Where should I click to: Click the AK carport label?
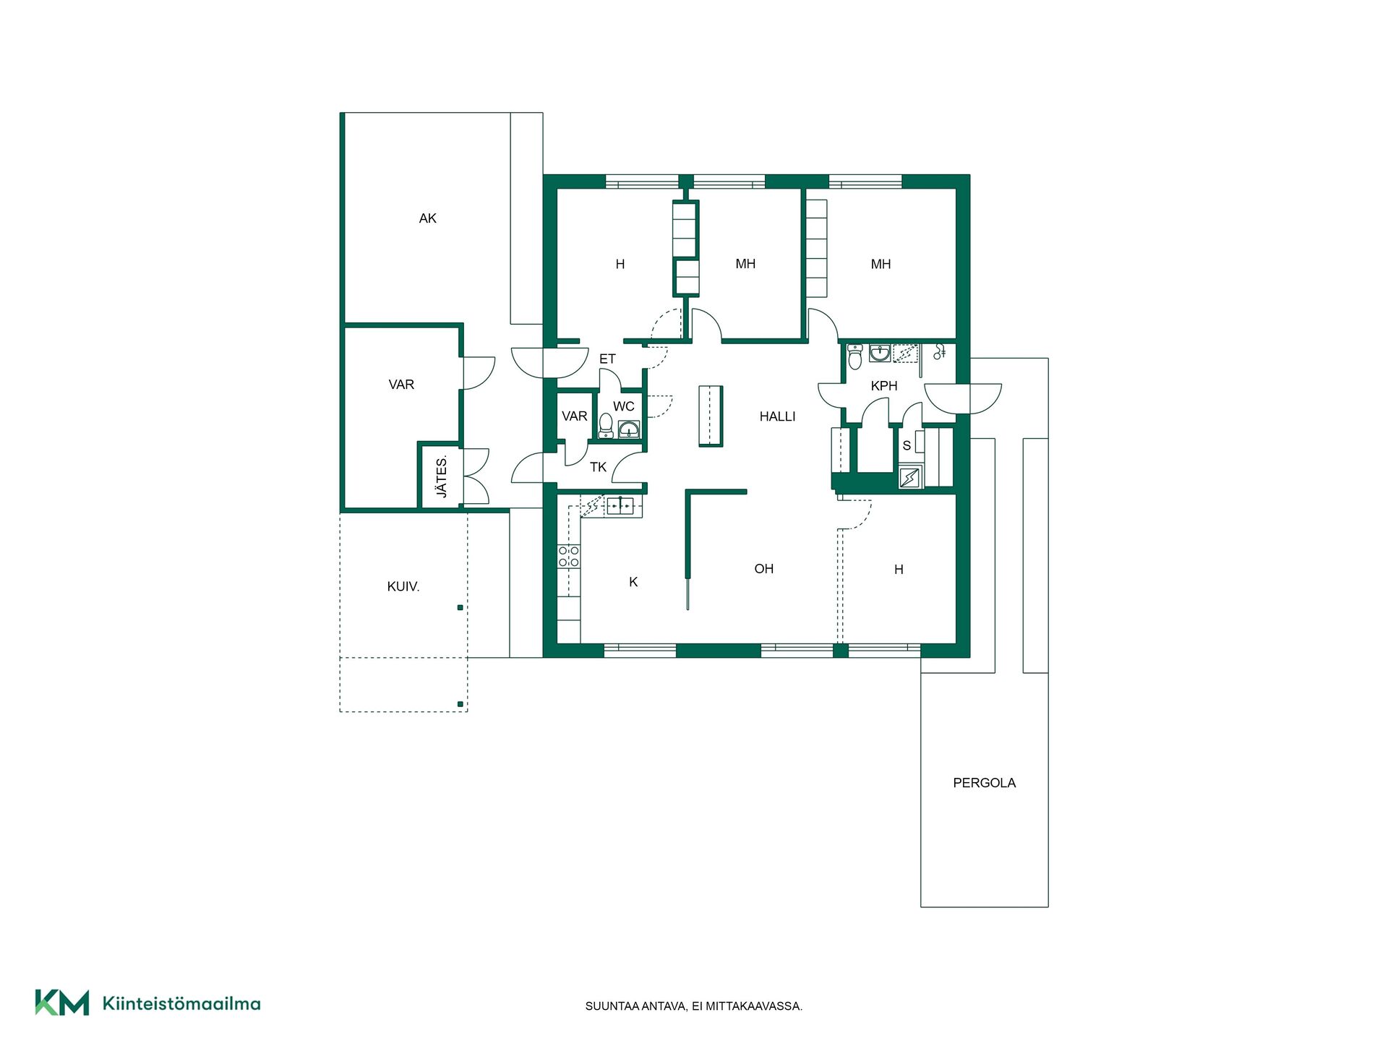point(427,218)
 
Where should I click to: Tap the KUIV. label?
point(403,587)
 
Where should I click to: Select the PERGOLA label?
point(984,783)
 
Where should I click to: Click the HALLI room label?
point(777,416)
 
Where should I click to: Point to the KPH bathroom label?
point(883,386)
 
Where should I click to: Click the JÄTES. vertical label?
point(442,477)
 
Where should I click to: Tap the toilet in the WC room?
point(606,426)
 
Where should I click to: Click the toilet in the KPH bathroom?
point(855,356)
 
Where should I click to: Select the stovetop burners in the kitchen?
point(568,557)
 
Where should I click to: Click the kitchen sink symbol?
point(620,506)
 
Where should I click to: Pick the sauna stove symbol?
point(909,478)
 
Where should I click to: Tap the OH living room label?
point(763,569)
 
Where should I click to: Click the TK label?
point(598,468)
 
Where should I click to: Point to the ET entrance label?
point(607,359)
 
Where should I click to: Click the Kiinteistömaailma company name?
point(181,1003)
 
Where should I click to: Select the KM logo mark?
point(62,1003)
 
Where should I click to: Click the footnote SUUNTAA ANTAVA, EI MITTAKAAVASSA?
point(694,1006)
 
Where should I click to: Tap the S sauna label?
point(907,446)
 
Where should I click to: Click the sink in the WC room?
point(629,429)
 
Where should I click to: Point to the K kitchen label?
point(633,582)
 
